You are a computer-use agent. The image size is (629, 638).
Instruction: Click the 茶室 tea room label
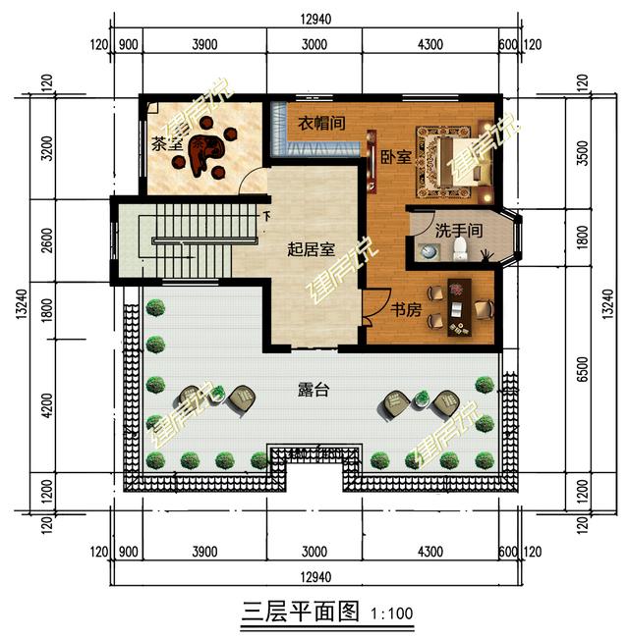[x=166, y=144]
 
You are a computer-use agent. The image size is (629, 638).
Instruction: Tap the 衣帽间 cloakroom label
[x=321, y=123]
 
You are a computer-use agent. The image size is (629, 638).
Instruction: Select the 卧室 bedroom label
[x=395, y=157]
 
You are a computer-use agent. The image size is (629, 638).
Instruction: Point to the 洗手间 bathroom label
[x=459, y=231]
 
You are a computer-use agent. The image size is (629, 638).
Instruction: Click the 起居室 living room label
[x=311, y=249]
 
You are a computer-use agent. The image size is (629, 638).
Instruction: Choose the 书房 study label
[x=406, y=310]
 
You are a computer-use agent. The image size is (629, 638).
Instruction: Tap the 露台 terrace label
[x=314, y=390]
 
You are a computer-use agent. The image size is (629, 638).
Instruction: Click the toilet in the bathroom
[x=460, y=249]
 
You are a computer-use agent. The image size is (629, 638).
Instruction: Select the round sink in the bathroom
[x=428, y=252]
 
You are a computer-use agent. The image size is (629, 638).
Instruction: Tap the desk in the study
[x=459, y=307]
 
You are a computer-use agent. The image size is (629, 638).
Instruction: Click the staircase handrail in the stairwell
[x=204, y=240]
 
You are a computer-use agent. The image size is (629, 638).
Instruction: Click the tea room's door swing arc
[x=251, y=178]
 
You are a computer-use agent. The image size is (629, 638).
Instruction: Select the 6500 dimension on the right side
[x=583, y=369]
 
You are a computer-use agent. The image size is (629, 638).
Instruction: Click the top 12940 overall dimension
[x=315, y=19]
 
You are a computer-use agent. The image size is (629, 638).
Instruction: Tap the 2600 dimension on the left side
[x=47, y=240]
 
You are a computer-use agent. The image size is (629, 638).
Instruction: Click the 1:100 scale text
[x=391, y=613]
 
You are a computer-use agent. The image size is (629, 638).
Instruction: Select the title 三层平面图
[x=300, y=611]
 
